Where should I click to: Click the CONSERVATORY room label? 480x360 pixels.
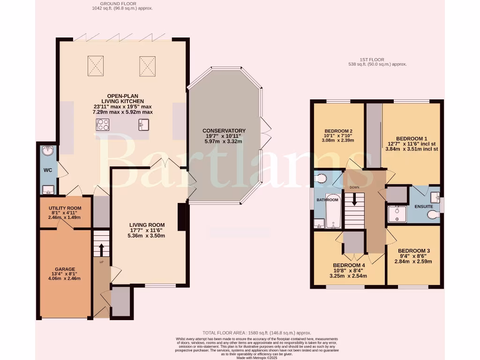point(224,130)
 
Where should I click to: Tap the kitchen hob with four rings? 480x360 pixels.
point(103,125)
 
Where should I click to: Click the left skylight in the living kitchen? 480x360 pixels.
point(96,66)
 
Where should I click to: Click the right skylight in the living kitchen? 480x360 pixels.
point(147,66)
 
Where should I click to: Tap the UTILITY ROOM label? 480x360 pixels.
point(65,208)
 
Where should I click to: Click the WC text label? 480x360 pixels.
point(47,170)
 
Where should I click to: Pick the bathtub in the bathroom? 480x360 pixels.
point(333,211)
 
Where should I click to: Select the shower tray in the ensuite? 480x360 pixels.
point(397,214)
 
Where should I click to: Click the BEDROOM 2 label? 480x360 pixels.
point(338,131)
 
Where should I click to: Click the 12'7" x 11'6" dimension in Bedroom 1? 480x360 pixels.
point(411,144)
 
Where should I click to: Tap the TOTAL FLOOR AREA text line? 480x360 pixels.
point(256,332)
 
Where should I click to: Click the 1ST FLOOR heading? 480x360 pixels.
point(372,60)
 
